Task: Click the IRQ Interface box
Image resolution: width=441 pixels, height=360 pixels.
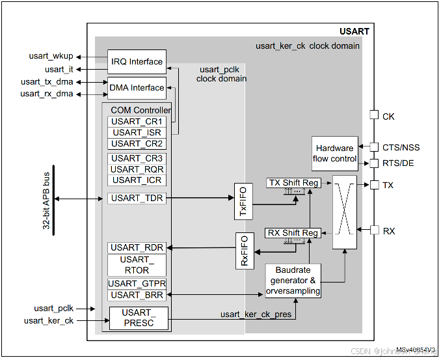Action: click(137, 62)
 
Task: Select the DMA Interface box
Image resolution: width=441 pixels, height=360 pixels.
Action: click(137, 88)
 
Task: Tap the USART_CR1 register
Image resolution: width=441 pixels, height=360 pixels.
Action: click(137, 122)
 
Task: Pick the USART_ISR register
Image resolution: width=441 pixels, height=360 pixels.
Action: click(137, 133)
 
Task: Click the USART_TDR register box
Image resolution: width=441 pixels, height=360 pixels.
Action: click(137, 198)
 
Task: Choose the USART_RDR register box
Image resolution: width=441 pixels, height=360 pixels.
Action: click(137, 247)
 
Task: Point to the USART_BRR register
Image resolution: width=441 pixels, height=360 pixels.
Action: click(137, 295)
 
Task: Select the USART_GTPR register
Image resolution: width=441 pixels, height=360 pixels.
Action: click(137, 284)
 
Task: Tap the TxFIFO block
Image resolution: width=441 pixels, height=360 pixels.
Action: click(243, 202)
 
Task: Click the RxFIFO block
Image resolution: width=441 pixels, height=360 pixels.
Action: click(244, 251)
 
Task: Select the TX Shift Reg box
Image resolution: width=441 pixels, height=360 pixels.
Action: click(293, 183)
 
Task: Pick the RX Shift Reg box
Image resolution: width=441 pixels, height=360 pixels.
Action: click(293, 233)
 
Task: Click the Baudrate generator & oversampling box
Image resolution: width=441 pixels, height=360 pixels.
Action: click(293, 281)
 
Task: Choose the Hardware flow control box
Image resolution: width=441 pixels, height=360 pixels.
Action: click(334, 153)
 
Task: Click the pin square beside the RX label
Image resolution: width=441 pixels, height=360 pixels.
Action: click(373, 230)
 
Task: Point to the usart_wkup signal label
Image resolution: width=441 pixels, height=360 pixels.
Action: click(51, 56)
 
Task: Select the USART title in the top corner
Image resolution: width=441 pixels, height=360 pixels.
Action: click(354, 31)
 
